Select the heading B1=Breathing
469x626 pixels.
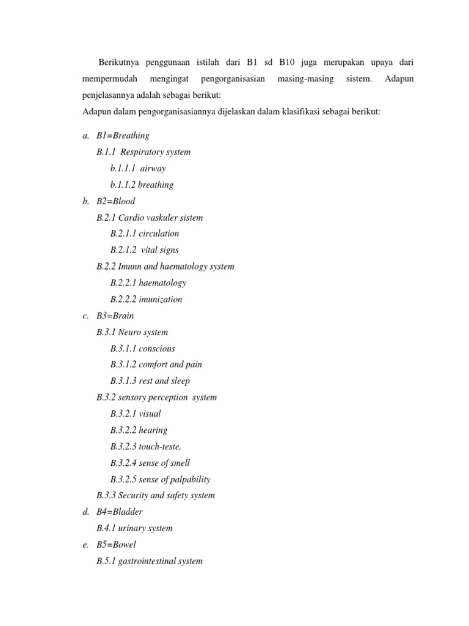pyautogui.click(x=123, y=136)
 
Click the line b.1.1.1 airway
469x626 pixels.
pyautogui.click(x=138, y=168)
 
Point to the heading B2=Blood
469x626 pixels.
pyautogui.click(x=115, y=201)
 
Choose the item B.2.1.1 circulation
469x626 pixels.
pyautogui.click(x=145, y=234)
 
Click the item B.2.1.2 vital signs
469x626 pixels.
pyautogui.click(x=145, y=250)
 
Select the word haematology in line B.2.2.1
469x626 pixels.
pyautogui.click(x=162, y=283)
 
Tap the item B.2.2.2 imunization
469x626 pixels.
pyautogui.click(x=147, y=300)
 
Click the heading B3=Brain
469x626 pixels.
pyautogui.click(x=115, y=316)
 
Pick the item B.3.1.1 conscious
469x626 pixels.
pyautogui.click(x=143, y=348)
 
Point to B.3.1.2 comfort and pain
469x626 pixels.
pyautogui.click(x=156, y=364)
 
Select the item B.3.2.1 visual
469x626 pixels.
pyautogui.click(x=136, y=414)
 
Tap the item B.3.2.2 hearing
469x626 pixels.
pyautogui.click(x=139, y=430)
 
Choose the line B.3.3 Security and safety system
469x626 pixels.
pyautogui.click(x=156, y=496)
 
